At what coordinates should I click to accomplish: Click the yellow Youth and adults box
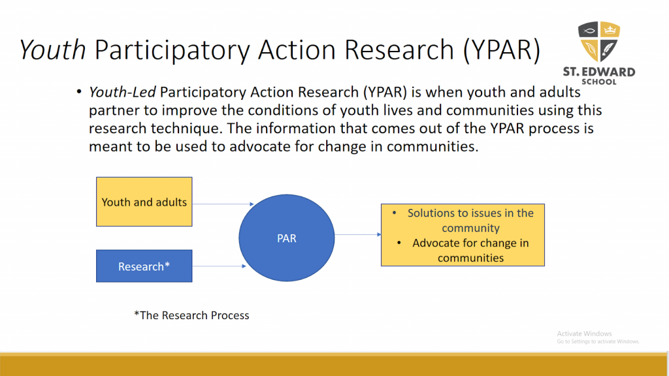click(x=144, y=202)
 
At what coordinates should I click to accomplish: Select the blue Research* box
click(x=144, y=266)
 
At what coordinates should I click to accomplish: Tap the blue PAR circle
click(x=286, y=238)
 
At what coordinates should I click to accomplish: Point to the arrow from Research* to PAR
click(x=219, y=266)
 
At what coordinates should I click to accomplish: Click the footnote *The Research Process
click(x=191, y=315)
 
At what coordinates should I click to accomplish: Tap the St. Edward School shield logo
click(x=598, y=42)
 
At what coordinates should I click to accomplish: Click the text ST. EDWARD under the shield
click(x=598, y=72)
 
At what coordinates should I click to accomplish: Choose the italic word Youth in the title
click(x=52, y=50)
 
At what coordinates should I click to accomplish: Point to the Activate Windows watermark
click(x=585, y=334)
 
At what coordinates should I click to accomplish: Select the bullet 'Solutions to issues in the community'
click(x=470, y=221)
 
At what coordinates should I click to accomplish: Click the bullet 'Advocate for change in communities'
click(x=470, y=250)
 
